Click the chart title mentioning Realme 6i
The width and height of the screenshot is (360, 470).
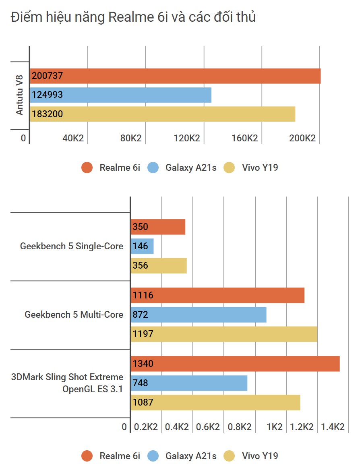(133, 18)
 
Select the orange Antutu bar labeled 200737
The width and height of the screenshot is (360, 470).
(175, 76)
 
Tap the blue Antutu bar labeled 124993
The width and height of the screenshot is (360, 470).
(121, 95)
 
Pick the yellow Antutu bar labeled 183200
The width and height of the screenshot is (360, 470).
(163, 114)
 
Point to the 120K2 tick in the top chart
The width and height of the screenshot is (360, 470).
(187, 138)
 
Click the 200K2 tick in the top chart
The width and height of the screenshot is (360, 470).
(302, 138)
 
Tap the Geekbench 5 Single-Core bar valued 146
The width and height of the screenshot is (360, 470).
(142, 246)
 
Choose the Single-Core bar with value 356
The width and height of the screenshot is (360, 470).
(159, 265)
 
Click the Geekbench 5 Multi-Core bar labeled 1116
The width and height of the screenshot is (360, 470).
(217, 295)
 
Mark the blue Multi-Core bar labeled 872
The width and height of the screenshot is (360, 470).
(199, 315)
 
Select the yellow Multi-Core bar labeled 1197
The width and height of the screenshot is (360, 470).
(224, 334)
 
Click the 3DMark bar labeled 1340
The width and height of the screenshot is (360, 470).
(235, 364)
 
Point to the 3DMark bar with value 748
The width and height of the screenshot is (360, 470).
(189, 383)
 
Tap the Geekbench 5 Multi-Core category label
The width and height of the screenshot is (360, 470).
(74, 315)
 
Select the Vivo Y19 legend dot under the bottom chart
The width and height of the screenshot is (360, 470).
(229, 456)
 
